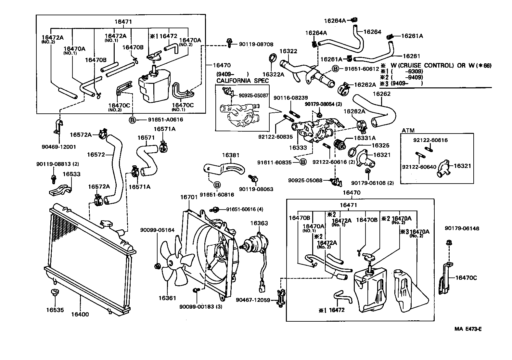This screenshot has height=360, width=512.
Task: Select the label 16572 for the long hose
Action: (x=96, y=155)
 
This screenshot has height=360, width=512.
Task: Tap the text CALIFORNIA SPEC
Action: (x=243, y=81)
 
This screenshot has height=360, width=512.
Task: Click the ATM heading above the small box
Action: (x=408, y=130)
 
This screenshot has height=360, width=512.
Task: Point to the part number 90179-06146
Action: (x=462, y=229)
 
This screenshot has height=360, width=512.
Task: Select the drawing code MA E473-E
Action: (x=468, y=329)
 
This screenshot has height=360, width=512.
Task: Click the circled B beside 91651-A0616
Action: (x=133, y=120)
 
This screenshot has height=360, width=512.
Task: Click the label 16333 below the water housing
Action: (x=298, y=148)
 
